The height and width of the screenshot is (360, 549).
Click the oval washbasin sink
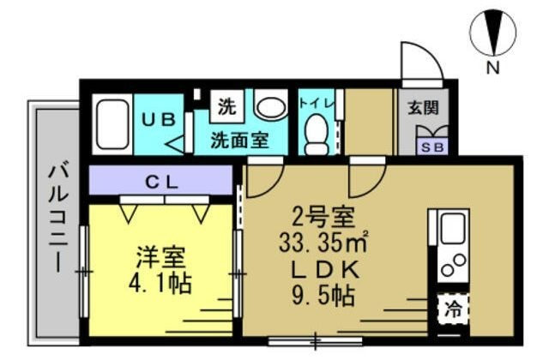[x=271, y=108]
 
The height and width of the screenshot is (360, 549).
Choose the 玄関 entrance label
[x=423, y=108]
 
